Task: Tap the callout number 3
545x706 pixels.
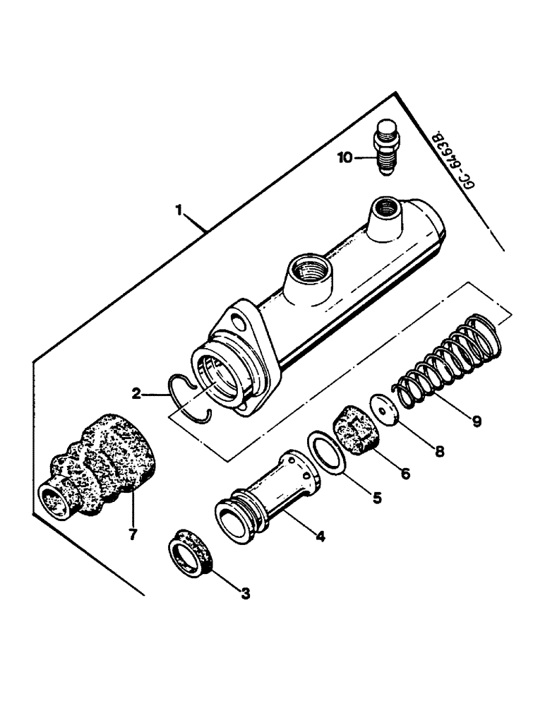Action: click(x=245, y=594)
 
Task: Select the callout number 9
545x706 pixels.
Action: click(x=477, y=421)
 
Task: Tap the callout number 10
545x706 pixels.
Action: click(x=345, y=158)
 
